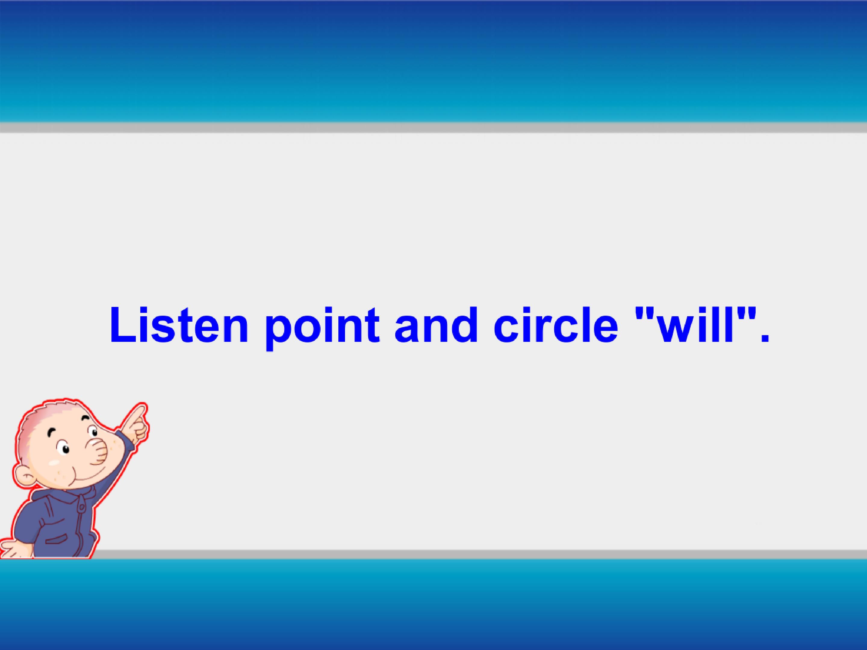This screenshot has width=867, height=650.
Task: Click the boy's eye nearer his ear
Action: coord(64,448)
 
